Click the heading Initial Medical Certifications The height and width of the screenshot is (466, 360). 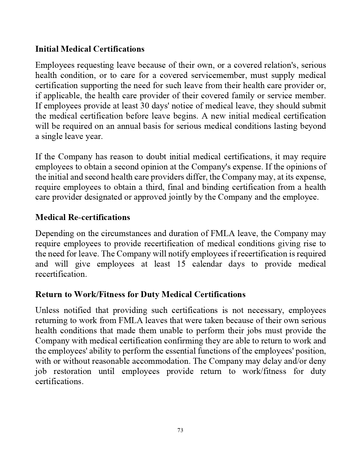click(90, 49)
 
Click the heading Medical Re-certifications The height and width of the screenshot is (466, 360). click(82, 217)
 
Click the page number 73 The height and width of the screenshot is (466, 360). click(180, 430)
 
